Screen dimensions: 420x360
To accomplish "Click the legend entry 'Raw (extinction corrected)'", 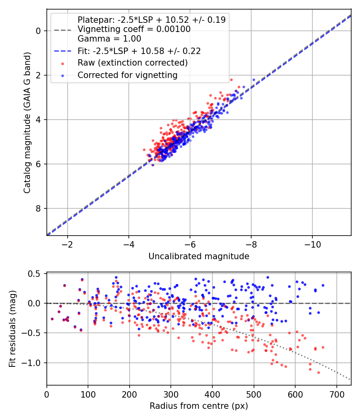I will [x=132, y=63].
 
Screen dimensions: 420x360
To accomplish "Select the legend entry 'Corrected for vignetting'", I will [x=127, y=75].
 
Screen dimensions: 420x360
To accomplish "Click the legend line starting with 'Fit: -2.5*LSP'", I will [x=139, y=51].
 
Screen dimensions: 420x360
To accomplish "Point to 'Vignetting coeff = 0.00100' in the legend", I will [x=134, y=29].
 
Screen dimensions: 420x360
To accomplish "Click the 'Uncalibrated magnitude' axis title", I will [x=199, y=256].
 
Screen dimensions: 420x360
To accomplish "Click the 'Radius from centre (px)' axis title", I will [x=199, y=406].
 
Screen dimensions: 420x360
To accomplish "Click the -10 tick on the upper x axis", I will [x=312, y=244].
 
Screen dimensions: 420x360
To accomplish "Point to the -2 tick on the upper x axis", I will [x=67, y=244].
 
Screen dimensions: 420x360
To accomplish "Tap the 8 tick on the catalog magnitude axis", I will [x=39, y=208].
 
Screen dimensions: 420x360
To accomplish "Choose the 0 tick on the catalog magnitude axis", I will [x=39, y=31].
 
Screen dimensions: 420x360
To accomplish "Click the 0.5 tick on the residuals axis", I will [x=36, y=274].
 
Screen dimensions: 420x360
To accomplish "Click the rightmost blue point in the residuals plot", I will [x=323, y=285].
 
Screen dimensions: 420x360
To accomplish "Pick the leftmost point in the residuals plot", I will [x=52, y=319].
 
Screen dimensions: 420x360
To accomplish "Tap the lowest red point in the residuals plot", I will [x=318, y=372].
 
